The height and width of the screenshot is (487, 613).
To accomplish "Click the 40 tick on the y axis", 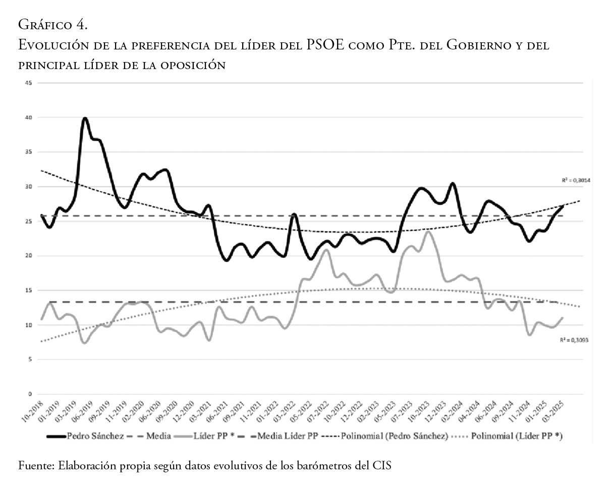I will (x=29, y=117).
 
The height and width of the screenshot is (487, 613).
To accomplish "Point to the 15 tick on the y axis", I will (x=29, y=290).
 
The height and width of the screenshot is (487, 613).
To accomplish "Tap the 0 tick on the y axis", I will (x=30, y=394).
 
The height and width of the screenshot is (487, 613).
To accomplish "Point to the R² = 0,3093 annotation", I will (x=574, y=340).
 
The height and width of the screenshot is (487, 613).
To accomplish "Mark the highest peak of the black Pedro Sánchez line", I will (x=85, y=118).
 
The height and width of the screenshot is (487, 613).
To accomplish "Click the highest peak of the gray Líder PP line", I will (x=428, y=231).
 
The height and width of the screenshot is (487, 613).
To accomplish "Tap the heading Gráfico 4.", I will (x=53, y=24).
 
